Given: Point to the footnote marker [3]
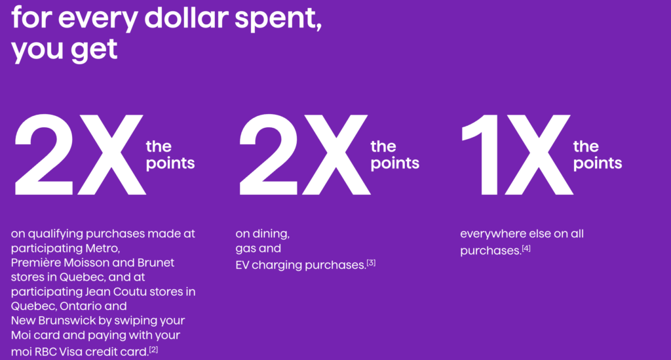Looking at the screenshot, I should [372, 263].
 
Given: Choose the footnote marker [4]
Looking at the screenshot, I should [526, 248].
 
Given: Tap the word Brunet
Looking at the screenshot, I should [155, 262].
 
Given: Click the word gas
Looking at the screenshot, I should [246, 249].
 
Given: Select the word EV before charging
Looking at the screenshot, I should [244, 265].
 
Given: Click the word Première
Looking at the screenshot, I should [37, 262].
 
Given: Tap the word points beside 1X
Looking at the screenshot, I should [597, 163].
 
